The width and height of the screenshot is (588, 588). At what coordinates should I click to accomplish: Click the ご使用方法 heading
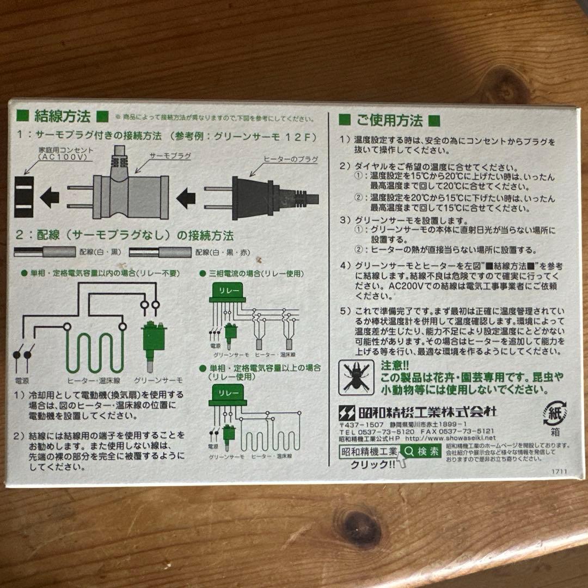pyautogui.click(x=389, y=120)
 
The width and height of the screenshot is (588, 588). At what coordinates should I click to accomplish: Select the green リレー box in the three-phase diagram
pyautogui.click(x=227, y=292)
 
